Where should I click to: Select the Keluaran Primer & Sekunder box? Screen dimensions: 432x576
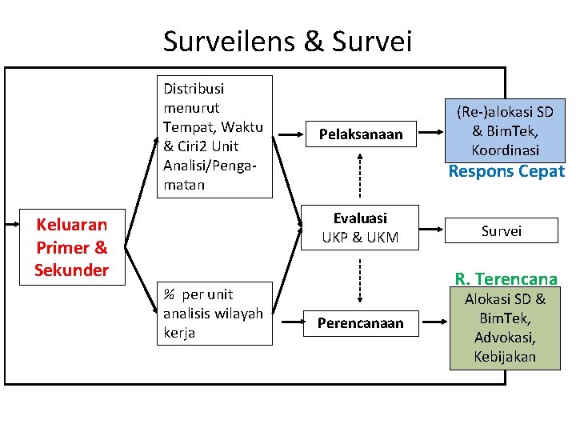[x=71, y=246]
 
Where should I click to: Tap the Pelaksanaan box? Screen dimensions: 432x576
[x=361, y=134]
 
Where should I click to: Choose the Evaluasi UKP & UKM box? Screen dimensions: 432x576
[x=360, y=227]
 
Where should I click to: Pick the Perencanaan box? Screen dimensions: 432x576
[x=360, y=323]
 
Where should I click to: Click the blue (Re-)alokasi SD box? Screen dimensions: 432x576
[x=505, y=130]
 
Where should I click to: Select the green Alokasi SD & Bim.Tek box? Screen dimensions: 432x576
[x=505, y=328]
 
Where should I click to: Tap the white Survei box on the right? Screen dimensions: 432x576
[x=502, y=230]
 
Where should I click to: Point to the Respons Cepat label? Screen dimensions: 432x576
[x=506, y=171]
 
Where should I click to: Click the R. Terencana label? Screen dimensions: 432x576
[x=506, y=279]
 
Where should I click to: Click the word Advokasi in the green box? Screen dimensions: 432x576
[x=506, y=338]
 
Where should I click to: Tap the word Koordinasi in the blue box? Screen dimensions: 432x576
[x=506, y=150]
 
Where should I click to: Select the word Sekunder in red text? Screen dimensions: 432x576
[x=71, y=270]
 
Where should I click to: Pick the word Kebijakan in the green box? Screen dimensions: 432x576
[x=505, y=356]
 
